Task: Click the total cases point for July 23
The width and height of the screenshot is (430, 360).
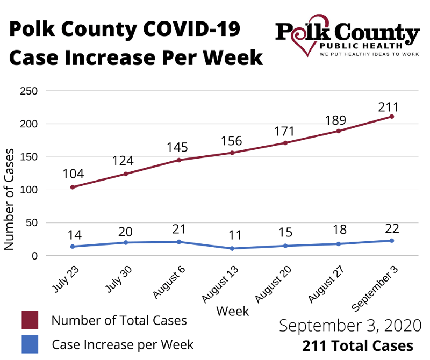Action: (x=73, y=187)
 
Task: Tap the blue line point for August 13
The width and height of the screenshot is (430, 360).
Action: (x=232, y=248)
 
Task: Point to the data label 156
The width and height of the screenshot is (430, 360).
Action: (x=232, y=141)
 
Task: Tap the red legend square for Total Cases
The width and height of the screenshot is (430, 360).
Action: (x=30, y=320)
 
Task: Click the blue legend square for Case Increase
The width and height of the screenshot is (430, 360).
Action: (x=30, y=344)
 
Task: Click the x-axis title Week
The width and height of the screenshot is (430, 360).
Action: (x=232, y=311)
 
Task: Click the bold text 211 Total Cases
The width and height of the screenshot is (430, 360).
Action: (x=357, y=345)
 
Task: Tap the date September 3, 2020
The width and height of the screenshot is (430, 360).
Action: (x=350, y=326)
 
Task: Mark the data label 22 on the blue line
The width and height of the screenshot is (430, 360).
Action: (x=392, y=228)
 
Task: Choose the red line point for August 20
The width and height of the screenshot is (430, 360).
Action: (x=285, y=143)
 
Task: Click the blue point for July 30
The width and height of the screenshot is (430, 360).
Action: (x=126, y=242)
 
